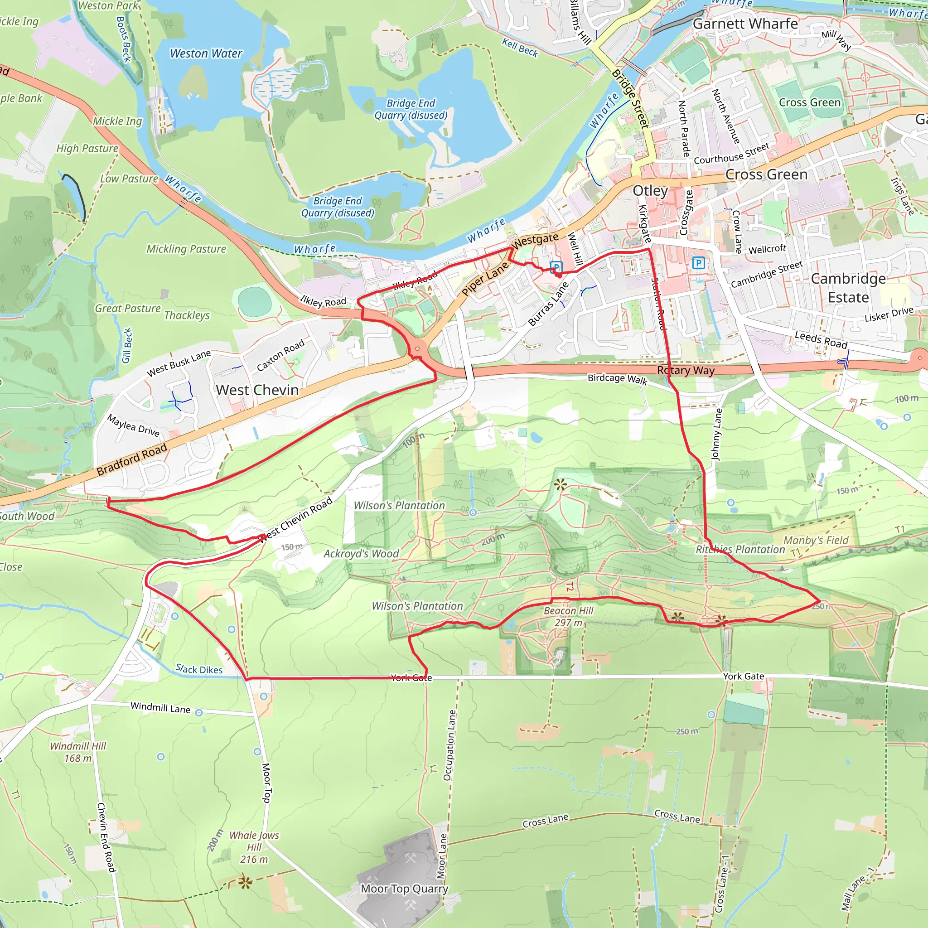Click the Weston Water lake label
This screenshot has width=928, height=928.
(206, 53)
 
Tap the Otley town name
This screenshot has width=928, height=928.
(650, 191)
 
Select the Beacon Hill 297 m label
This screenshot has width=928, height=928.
(568, 616)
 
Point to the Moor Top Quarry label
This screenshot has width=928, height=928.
(405, 889)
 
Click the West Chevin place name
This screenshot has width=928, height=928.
(257, 390)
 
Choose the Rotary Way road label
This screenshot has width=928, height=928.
(686, 370)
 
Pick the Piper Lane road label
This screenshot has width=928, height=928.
(485, 279)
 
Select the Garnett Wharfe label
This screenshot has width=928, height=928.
(745, 24)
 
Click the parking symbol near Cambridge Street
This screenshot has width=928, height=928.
(698, 263)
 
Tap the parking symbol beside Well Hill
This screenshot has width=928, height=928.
(556, 267)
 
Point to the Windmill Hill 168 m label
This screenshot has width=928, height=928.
(78, 752)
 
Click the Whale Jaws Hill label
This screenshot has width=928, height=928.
(254, 847)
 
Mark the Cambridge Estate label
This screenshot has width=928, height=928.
(848, 288)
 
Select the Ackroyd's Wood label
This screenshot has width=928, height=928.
(361, 554)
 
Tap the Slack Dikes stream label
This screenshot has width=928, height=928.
(199, 669)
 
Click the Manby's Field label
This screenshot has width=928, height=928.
(816, 541)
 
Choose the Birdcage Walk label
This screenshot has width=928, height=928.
(617, 379)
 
